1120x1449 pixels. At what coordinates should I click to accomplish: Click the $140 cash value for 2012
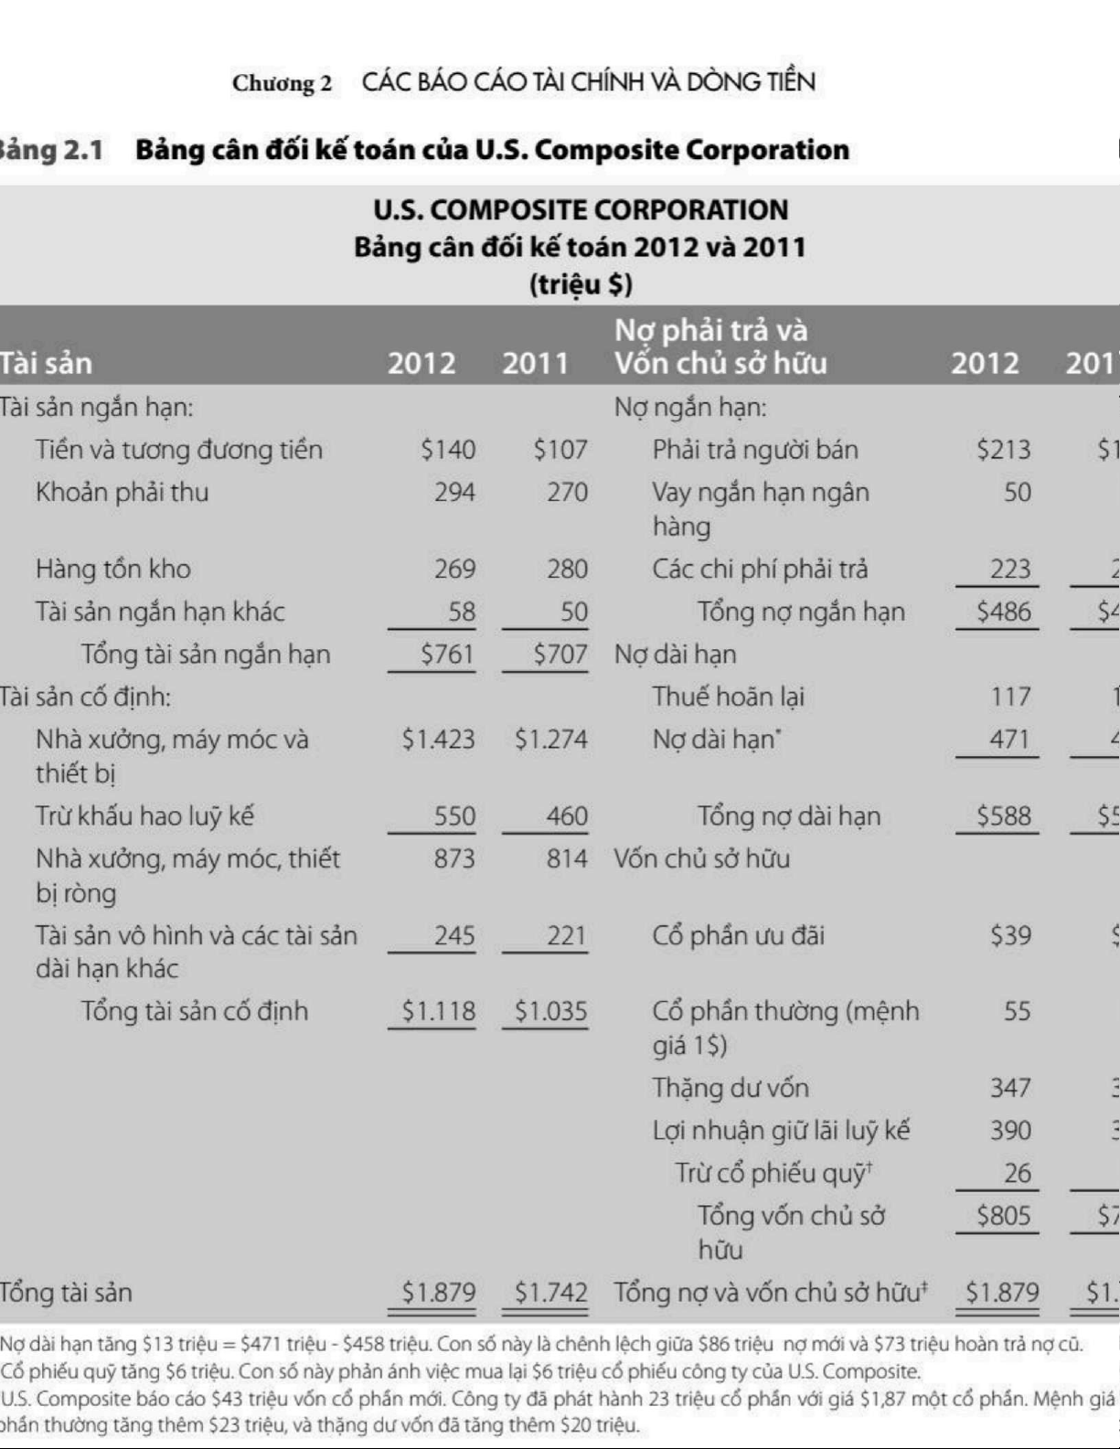point(448,450)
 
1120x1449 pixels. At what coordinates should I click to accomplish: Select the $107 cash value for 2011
point(560,450)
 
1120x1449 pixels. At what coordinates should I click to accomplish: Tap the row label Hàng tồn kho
point(113,569)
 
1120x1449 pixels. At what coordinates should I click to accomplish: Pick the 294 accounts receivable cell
point(454,493)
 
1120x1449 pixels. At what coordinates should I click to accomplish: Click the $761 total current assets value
point(448,655)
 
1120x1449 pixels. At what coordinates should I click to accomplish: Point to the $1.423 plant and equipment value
point(439,740)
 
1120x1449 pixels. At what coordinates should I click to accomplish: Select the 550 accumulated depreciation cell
point(454,816)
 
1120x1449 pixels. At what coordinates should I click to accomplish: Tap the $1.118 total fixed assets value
point(439,1011)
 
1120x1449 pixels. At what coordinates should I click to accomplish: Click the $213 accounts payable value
point(1003,450)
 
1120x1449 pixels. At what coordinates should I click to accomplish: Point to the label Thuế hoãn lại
point(728,697)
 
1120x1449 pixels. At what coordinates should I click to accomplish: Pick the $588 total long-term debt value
point(1003,816)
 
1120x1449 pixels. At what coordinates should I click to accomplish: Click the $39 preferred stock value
point(1010,935)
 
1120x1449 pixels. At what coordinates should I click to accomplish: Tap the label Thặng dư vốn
point(730,1088)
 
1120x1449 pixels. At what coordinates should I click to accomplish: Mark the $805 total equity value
point(1003,1216)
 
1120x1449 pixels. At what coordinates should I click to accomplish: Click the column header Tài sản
point(46,364)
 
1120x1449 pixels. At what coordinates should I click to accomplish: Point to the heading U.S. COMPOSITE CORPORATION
point(581,210)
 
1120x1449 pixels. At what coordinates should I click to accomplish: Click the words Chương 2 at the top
point(282,84)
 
